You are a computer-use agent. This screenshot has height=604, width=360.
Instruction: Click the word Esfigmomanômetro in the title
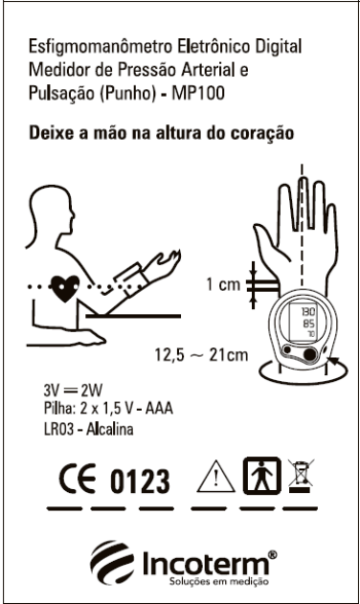tap(101, 47)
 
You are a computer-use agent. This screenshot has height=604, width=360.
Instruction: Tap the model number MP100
tap(198, 93)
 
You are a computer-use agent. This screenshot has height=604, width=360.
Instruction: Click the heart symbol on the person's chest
tap(65, 288)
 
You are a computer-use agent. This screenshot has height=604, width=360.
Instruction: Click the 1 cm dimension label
tap(223, 284)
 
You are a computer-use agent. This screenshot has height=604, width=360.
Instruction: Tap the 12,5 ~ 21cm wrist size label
tap(201, 354)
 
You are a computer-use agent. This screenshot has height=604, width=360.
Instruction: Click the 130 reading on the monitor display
tap(308, 311)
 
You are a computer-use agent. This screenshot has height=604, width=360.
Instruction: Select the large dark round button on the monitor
tap(309, 353)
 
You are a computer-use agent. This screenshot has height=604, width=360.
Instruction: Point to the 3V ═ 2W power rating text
tap(73, 391)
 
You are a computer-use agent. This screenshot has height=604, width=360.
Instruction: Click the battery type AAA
tap(159, 409)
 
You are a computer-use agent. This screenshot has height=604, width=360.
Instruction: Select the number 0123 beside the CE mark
tap(140, 481)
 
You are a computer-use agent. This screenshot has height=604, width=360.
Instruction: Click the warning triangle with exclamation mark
tap(215, 477)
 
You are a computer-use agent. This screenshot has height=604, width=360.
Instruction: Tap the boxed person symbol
tap(261, 476)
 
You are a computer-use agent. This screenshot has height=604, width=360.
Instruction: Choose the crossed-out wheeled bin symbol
tap(301, 476)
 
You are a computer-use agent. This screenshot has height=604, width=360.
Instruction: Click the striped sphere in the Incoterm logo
tap(112, 562)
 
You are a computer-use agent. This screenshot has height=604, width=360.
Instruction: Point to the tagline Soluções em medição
tap(219, 581)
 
